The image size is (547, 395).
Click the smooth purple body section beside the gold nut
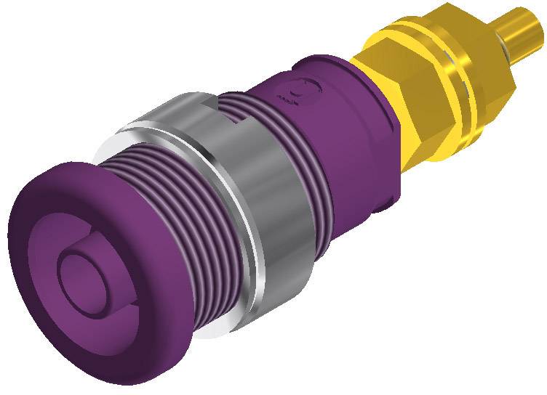coord(349,145)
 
